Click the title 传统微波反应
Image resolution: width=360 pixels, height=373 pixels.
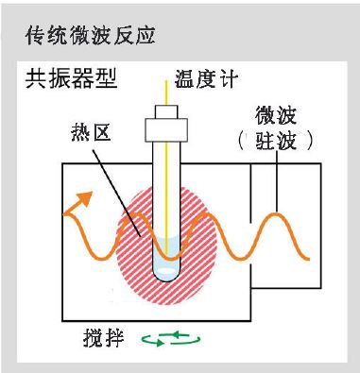click(x=89, y=37)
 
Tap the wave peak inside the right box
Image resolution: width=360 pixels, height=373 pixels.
click(x=278, y=214)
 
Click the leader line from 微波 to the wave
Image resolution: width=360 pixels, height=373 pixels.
click(x=276, y=184)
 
